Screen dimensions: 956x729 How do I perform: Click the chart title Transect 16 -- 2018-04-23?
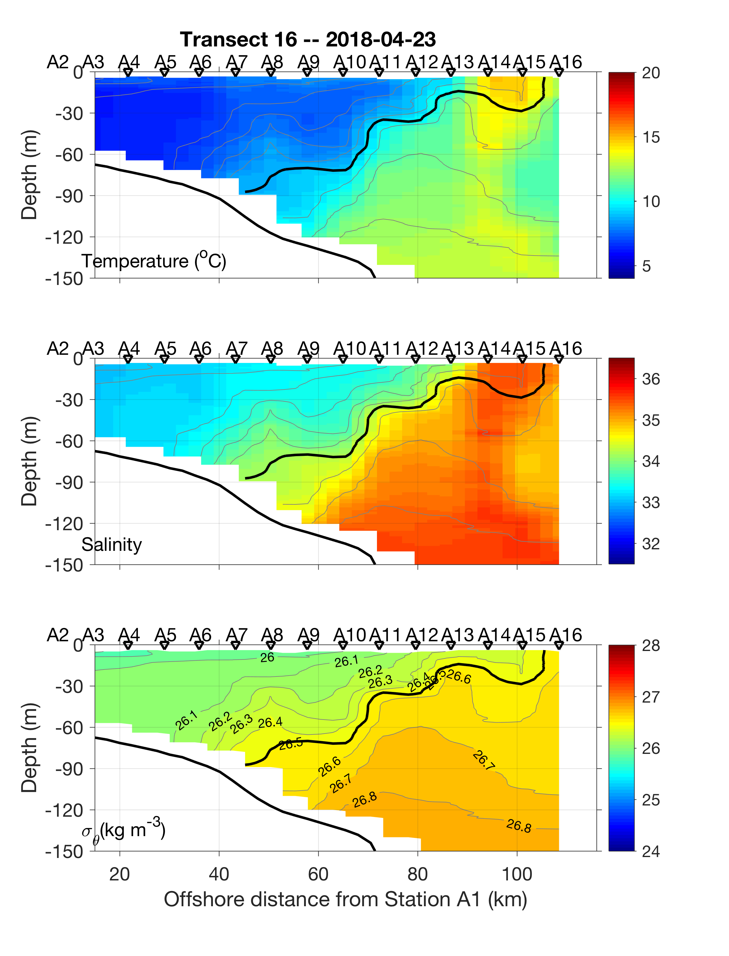tap(308, 40)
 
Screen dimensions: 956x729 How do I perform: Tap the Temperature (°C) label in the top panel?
tap(154, 261)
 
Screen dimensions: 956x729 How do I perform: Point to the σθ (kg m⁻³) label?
tap(123, 830)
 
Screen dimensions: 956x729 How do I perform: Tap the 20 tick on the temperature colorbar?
tap(651, 73)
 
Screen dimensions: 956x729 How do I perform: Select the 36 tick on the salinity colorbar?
tap(651, 379)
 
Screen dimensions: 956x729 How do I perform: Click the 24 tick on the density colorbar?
tap(651, 852)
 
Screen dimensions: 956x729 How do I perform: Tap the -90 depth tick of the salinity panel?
tap(70, 482)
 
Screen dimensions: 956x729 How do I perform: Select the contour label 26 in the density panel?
tap(267, 658)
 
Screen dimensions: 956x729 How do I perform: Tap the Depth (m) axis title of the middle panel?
tap(29, 461)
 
